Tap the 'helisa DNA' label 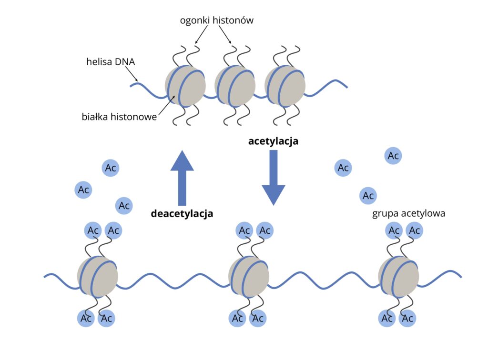(111, 61)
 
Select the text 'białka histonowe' (119, 116)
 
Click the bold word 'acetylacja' (273, 141)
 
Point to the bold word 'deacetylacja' (182, 213)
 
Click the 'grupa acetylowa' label (408, 213)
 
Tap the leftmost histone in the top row (185, 86)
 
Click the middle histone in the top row (235, 86)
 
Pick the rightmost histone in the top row (285, 86)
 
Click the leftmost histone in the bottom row (97, 277)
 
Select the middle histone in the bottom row (248, 277)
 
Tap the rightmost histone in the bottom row (398, 277)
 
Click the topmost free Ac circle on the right (393, 156)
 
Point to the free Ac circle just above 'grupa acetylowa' (368, 195)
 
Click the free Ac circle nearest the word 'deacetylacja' (124, 206)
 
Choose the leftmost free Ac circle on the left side (84, 190)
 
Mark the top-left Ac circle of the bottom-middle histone (244, 231)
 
